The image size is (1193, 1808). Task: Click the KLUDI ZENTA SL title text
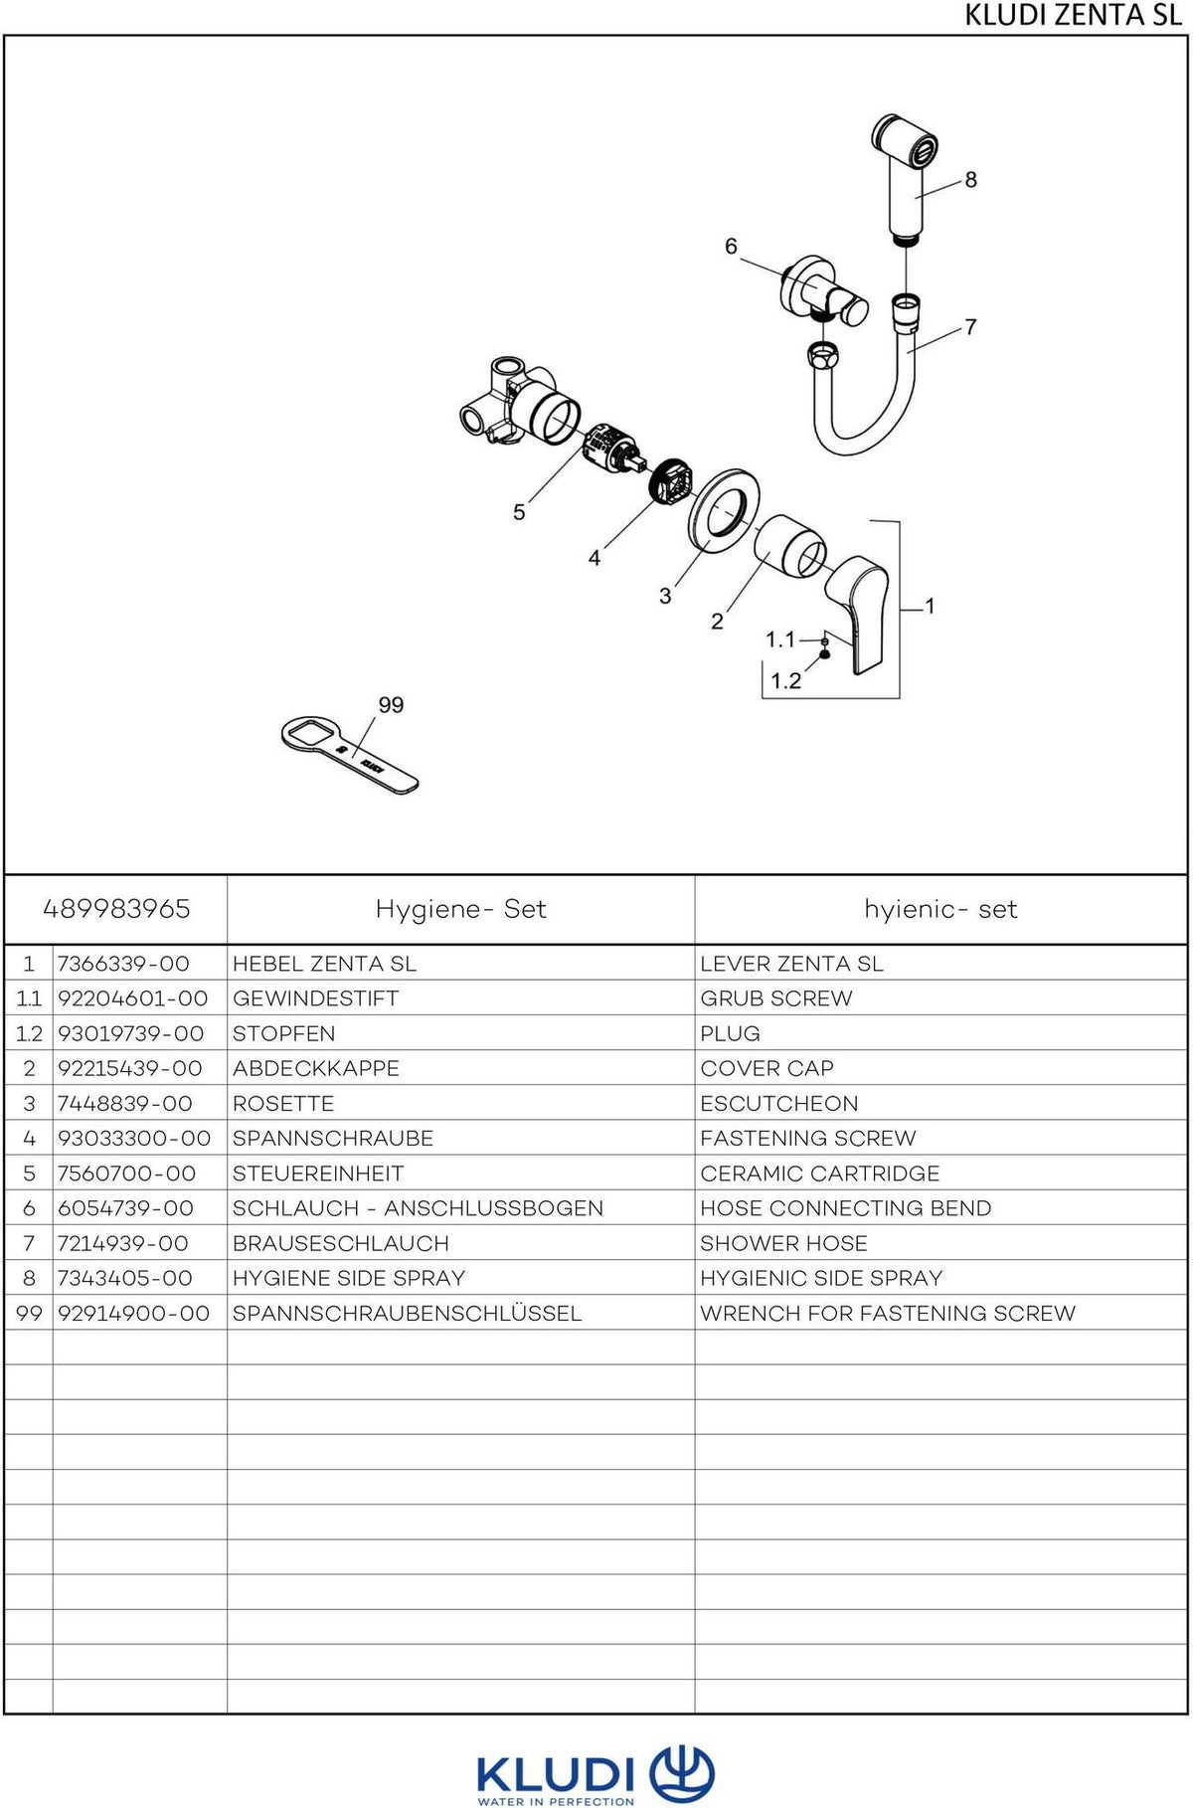tap(1073, 15)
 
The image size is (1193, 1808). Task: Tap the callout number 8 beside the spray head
tap(971, 180)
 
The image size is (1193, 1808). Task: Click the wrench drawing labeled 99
tap(350, 756)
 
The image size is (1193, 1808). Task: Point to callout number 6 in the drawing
tap(731, 246)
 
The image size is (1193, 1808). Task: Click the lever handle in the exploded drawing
tap(857, 614)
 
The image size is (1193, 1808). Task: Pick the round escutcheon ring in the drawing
tap(724, 510)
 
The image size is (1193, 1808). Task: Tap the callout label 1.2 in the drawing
tap(785, 681)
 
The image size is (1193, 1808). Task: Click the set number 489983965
tap(116, 909)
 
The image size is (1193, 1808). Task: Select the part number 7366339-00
tap(123, 964)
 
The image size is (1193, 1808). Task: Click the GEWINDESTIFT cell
tap(315, 998)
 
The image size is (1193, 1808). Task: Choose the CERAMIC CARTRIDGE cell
tap(820, 1174)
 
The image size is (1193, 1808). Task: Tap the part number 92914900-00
tap(134, 1314)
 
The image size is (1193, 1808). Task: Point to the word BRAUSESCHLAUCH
tap(341, 1244)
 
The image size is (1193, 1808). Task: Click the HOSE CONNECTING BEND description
tap(846, 1208)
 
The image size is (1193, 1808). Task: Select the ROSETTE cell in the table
tap(283, 1104)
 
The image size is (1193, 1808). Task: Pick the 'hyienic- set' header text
tap(940, 909)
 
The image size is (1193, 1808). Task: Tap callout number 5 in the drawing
tap(519, 512)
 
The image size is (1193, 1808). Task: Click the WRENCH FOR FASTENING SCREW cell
tap(888, 1314)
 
